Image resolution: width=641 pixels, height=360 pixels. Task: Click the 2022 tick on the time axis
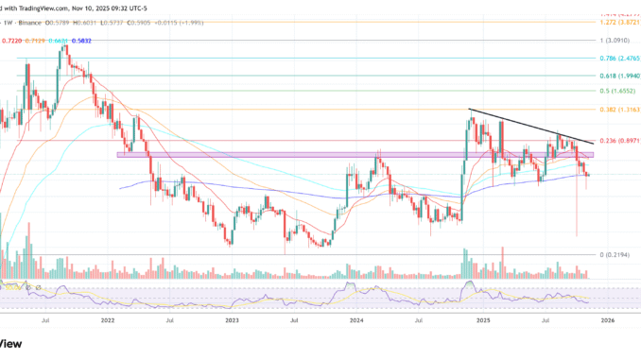click(x=107, y=320)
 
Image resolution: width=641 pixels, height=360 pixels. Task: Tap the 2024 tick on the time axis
click(x=356, y=320)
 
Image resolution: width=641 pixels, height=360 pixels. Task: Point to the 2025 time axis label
click(x=482, y=320)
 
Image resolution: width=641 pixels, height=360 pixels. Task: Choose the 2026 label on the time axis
click(x=607, y=320)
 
